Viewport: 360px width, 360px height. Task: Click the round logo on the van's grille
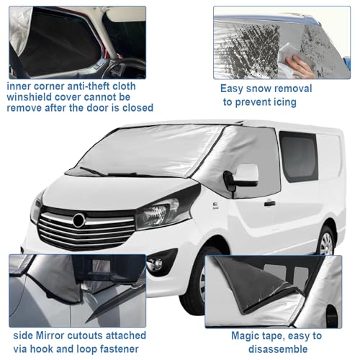coord(78,220)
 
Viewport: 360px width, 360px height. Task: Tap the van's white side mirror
coord(247,174)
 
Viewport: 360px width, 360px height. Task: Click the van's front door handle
coord(269,204)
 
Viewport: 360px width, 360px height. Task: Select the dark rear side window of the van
coord(299,156)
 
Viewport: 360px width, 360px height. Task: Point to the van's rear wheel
coord(326,242)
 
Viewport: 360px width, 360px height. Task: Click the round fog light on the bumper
coord(155,264)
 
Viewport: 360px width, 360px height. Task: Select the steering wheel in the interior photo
coord(125,68)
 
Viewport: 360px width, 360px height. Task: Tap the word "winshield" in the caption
coord(29,97)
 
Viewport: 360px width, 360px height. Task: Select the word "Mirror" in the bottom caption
coord(50,336)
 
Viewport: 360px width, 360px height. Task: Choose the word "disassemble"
coord(278,349)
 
